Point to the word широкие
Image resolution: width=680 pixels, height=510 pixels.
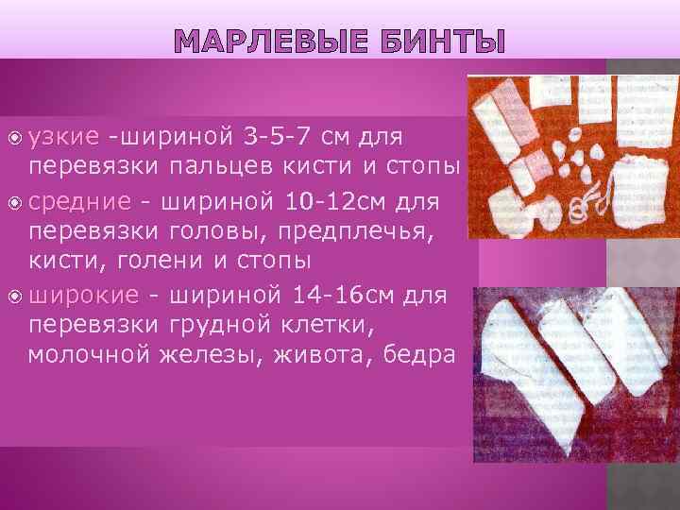pos(84,295)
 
